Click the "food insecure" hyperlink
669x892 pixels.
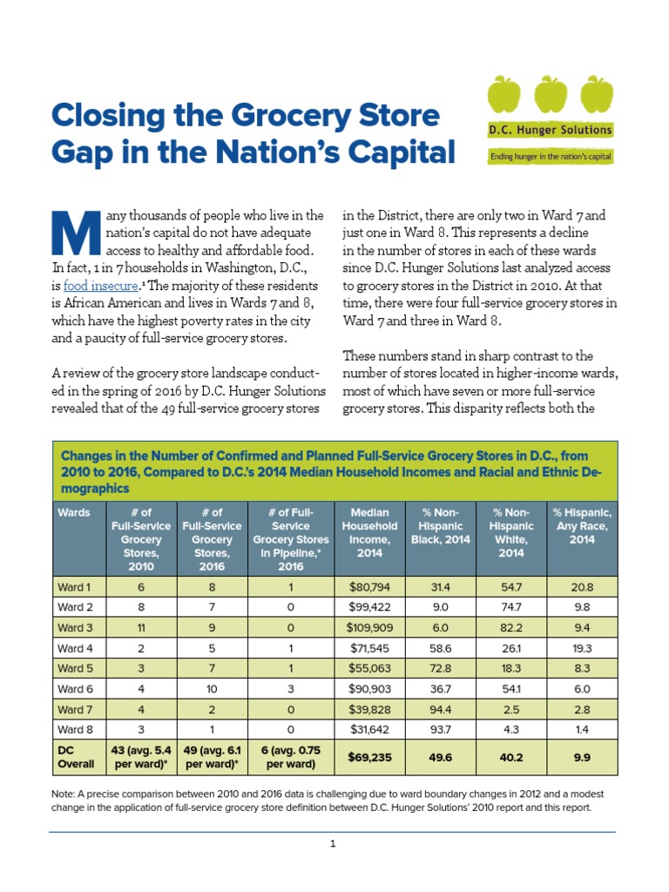[x=101, y=285]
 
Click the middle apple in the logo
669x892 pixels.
[x=551, y=95]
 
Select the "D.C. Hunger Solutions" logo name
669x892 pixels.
[x=550, y=130]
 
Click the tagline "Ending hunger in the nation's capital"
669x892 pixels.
[x=550, y=157]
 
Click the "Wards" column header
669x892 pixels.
[x=74, y=513]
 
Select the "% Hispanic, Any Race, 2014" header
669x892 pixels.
[x=582, y=525]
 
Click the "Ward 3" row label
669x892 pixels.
[x=76, y=627]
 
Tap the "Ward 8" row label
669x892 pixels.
[x=76, y=729]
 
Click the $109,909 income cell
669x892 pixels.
[x=369, y=627]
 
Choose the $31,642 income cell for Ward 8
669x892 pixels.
[x=369, y=729]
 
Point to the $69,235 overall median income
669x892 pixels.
[x=369, y=758]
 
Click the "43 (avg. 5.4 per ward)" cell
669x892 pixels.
[x=141, y=758]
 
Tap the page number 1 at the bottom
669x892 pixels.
[x=333, y=844]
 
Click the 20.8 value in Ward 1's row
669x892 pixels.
[x=582, y=587]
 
